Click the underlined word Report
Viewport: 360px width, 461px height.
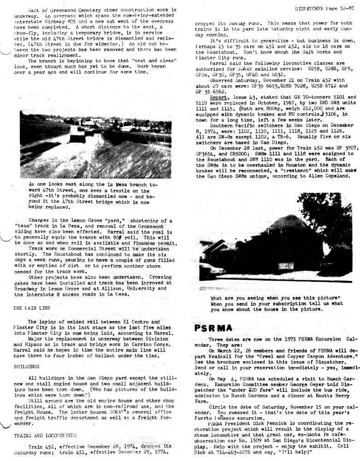219,97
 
